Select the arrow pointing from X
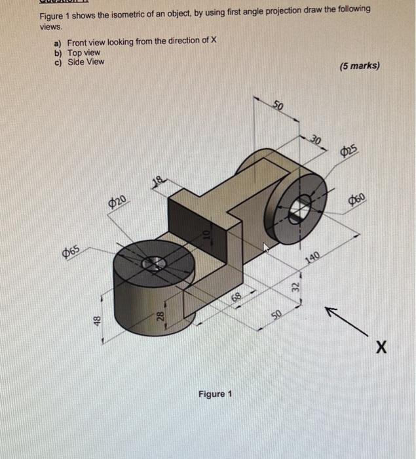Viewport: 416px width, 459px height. [x=340, y=316]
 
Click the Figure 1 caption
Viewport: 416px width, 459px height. [x=215, y=394]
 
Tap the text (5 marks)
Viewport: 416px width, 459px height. [x=360, y=66]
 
